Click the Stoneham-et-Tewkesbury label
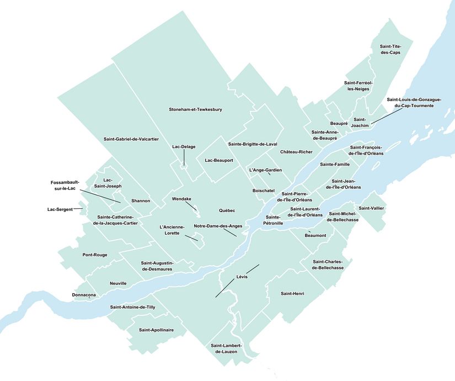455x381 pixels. [195, 110]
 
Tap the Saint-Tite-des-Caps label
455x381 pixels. [390, 49]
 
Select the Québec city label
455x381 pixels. [227, 210]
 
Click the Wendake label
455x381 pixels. [181, 199]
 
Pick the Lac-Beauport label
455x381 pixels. [218, 160]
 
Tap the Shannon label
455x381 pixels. [141, 200]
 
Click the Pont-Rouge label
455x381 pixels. [95, 255]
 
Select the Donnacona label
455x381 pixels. [84, 295]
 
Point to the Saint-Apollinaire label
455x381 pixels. [156, 330]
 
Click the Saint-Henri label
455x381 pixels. [292, 293]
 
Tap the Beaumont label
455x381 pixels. [315, 235]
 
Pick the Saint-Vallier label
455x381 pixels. [372, 208]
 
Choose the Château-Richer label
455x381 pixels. [296, 151]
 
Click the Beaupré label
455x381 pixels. [339, 123]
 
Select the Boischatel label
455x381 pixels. [263, 190]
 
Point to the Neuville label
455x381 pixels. [118, 283]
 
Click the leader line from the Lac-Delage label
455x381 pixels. [184, 157]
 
